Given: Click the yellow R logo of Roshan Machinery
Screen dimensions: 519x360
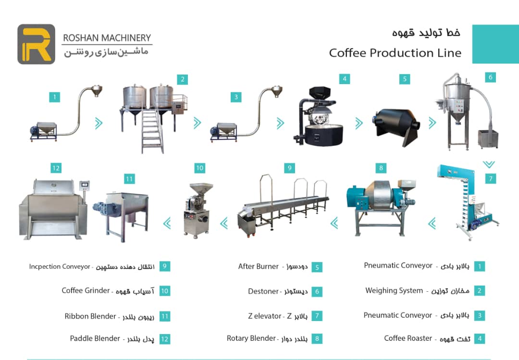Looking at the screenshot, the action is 37,44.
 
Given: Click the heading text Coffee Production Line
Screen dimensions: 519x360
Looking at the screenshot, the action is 395,53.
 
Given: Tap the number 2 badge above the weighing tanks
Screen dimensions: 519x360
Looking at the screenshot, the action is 183,79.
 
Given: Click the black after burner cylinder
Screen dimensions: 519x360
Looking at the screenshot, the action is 396,126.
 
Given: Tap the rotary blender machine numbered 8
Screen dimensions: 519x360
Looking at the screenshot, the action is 381,207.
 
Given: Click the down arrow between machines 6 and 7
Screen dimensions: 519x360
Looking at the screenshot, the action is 489,164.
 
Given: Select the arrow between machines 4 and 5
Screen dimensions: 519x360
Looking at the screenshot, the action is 359,123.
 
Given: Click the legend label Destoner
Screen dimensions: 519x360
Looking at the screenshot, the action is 263,291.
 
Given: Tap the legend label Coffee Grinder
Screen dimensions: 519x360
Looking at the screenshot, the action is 86,290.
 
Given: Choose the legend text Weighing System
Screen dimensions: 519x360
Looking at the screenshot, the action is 394,290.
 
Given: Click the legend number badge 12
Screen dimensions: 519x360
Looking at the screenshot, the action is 164,339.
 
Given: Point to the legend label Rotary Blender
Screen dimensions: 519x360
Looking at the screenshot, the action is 251,338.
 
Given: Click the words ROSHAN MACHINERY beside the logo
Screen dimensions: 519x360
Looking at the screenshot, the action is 107,38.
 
